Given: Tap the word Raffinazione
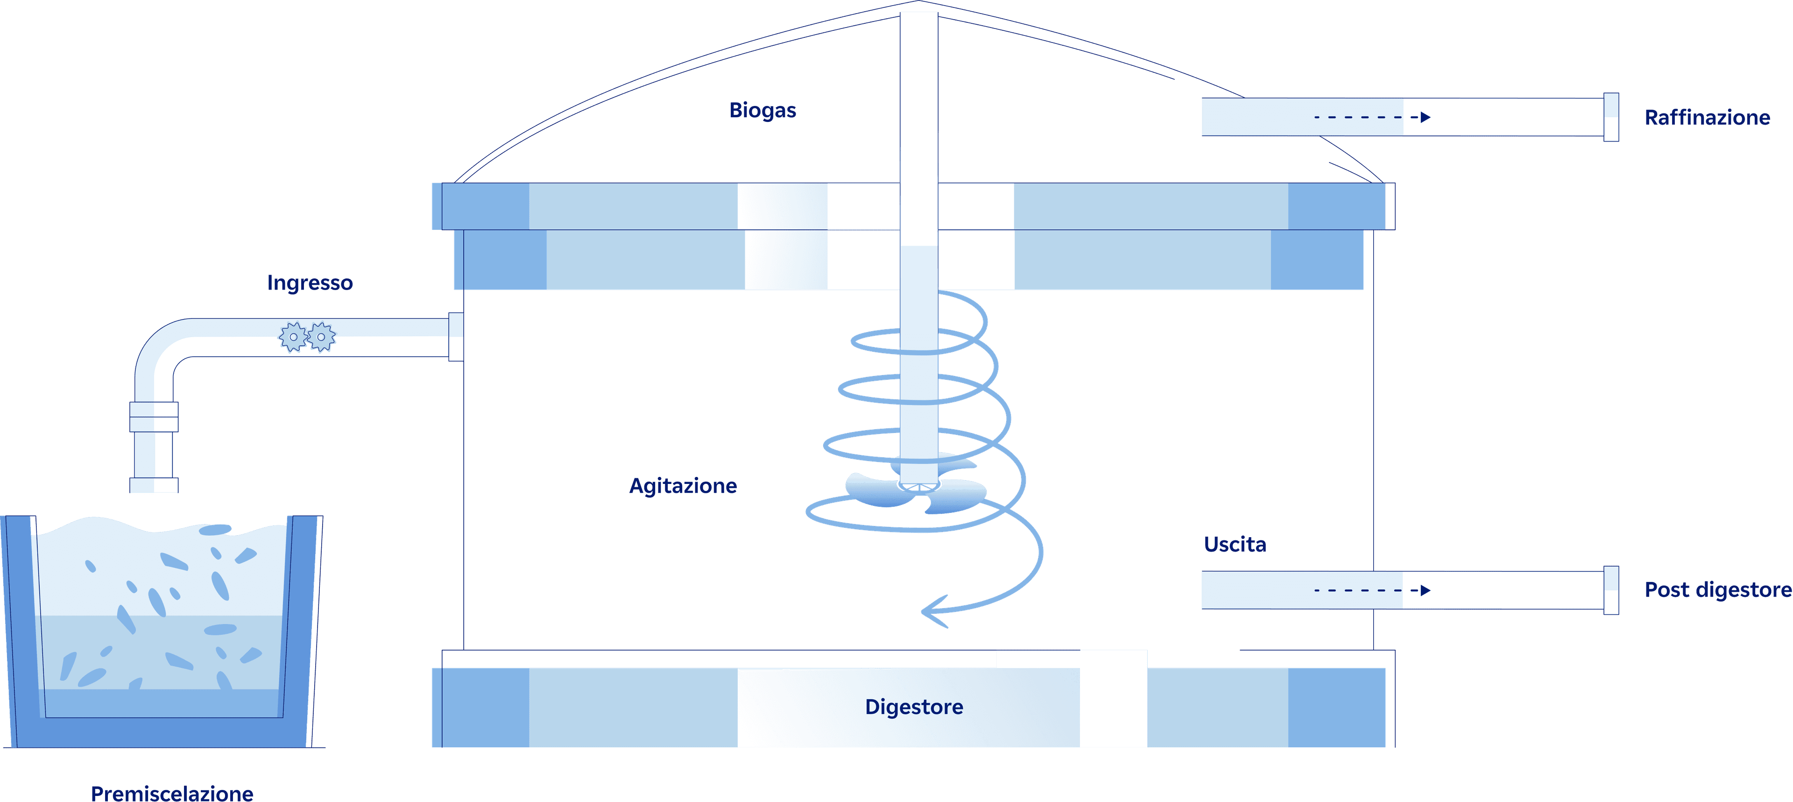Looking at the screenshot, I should (1707, 118).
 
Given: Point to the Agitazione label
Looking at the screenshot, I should (683, 486).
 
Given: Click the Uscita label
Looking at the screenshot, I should (1235, 545).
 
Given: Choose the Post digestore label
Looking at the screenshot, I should (1717, 590).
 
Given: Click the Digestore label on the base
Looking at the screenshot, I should (914, 707).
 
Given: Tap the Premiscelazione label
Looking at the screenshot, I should (172, 793).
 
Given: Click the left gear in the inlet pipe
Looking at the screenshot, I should (293, 337).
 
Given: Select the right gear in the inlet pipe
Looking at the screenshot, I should (321, 337).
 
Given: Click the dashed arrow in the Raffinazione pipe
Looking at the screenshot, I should (1371, 117).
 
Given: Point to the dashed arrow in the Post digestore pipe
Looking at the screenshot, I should (1371, 590).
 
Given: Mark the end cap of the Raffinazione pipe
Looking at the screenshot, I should (1610, 117).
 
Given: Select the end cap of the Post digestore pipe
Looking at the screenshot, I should (1610, 590).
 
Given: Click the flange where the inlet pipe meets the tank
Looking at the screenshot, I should (456, 337).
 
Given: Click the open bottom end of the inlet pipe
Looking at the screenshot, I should (154, 485).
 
